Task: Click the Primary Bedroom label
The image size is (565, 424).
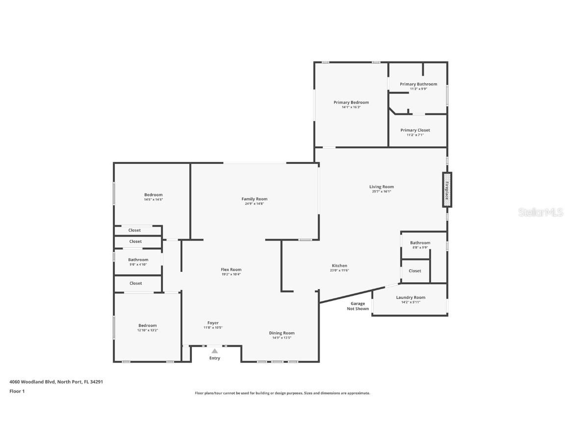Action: [351, 103]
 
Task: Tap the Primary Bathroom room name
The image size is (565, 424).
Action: [418, 84]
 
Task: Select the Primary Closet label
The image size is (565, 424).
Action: [415, 130]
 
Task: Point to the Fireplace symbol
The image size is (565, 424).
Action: [447, 189]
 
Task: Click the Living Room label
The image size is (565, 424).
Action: [381, 186]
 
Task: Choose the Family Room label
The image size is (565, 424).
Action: [254, 199]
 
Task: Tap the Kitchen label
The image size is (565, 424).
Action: [339, 265]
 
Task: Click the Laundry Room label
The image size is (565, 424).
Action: [411, 297]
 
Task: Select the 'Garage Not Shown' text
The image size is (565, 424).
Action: [358, 306]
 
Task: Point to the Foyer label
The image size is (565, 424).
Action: [213, 323]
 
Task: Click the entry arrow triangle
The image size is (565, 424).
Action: [215, 351]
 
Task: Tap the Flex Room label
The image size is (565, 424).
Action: [231, 269]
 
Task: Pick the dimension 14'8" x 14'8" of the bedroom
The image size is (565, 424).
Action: [153, 200]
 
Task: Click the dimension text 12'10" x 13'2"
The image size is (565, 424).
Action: [147, 330]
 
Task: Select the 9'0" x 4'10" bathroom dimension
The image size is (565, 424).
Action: [138, 265]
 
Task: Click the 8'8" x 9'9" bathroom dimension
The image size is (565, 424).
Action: [420, 247]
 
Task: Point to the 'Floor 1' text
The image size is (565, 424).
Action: [17, 391]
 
